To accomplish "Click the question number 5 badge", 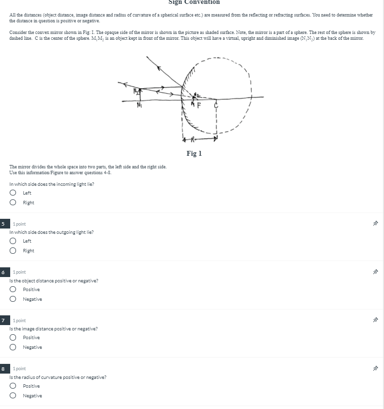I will click(3, 224).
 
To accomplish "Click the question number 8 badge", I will click(3, 369).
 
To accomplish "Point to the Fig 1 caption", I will click(194, 153).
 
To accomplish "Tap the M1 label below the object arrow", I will click(140, 104).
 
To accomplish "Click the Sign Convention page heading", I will click(194, 2).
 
